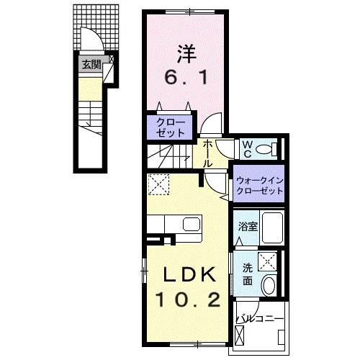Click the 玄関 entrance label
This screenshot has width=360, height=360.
point(91,65)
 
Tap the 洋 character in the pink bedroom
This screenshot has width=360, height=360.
point(186,54)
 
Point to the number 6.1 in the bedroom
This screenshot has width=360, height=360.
point(186,78)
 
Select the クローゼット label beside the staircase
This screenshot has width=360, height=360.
point(171,128)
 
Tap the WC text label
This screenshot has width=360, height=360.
point(247,149)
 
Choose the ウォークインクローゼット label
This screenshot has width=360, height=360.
point(260,186)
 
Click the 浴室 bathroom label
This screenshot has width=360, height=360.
point(248,226)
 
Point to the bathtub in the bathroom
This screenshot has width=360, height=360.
point(271,227)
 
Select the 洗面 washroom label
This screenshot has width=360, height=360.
point(248,274)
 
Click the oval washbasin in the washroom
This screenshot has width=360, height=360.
point(269,286)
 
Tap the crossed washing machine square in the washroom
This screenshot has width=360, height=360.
point(267,261)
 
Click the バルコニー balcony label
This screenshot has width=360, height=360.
point(260,319)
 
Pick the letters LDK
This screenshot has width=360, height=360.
point(189,274)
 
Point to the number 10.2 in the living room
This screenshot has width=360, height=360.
point(189,300)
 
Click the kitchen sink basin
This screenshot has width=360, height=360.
point(192,225)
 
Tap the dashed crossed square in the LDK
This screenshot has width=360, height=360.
point(158,184)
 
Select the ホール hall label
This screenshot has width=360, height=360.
point(207,154)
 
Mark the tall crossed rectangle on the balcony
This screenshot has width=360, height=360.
point(240,336)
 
